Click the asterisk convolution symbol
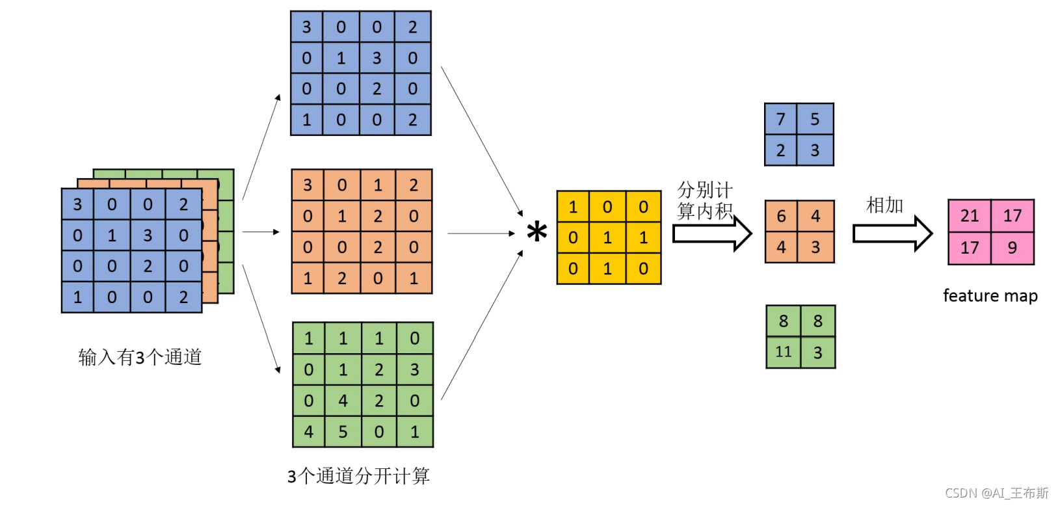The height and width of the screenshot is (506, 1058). tap(536, 232)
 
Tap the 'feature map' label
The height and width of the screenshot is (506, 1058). tap(990, 296)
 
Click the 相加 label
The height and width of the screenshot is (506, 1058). tap(884, 206)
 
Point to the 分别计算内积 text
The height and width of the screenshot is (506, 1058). tap(705, 200)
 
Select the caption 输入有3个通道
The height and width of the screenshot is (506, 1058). tap(140, 357)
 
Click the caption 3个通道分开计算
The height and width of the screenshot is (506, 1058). tap(358, 476)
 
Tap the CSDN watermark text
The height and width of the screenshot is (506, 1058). tap(996, 493)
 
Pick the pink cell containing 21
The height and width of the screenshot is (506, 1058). tap(969, 216)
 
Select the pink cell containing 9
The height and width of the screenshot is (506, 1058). tap(1012, 248)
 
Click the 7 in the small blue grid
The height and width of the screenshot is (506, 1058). tap(781, 119)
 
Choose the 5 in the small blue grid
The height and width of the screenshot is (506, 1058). tap(815, 119)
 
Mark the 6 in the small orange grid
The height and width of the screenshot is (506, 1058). tap(782, 216)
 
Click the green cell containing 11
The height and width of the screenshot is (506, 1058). tap(783, 353)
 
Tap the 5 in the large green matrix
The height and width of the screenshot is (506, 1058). tap(343, 432)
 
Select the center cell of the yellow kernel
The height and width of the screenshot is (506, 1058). tap(607, 237)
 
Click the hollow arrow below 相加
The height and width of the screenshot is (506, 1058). tap(892, 233)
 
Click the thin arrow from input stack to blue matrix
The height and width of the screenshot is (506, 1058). tap(261, 146)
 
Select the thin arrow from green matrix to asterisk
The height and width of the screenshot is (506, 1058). tap(482, 325)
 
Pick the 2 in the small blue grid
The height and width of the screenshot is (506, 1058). tap(781, 151)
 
